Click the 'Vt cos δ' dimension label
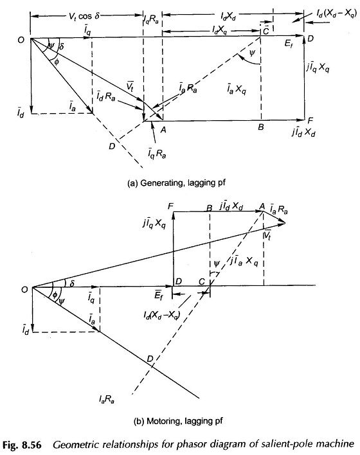(x=84, y=15)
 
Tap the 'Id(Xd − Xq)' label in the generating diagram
(x=336, y=13)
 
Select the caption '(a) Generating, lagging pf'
(x=177, y=183)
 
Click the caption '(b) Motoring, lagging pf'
(x=178, y=421)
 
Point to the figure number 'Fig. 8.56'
(x=22, y=445)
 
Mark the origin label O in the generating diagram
(x=21, y=40)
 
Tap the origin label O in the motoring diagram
(x=24, y=289)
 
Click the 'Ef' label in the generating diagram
(x=289, y=44)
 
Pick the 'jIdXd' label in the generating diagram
(x=304, y=132)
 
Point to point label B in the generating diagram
(x=261, y=127)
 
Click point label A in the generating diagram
(x=163, y=130)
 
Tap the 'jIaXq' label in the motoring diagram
(x=244, y=261)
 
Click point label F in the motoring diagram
(x=170, y=206)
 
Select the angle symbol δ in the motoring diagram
(x=72, y=282)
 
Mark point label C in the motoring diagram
(x=202, y=281)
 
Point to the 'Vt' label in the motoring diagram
(x=267, y=235)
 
